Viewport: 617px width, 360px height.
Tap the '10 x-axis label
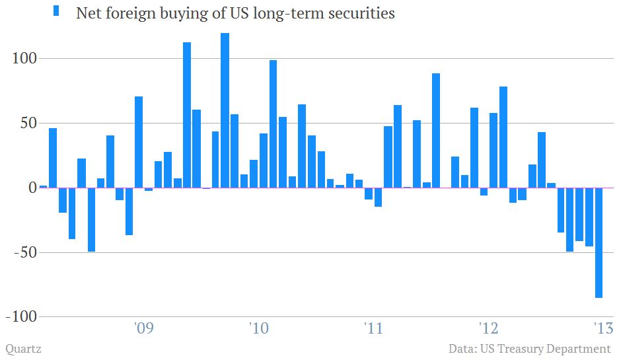(x=258, y=328)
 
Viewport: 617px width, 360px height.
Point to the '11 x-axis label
(x=373, y=328)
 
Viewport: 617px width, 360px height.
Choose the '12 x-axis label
(x=488, y=328)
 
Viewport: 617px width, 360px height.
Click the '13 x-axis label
(x=603, y=328)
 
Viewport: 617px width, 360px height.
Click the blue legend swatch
(x=56, y=11)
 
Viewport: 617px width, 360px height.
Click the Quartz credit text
(x=23, y=349)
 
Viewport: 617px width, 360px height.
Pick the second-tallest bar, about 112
(x=187, y=115)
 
